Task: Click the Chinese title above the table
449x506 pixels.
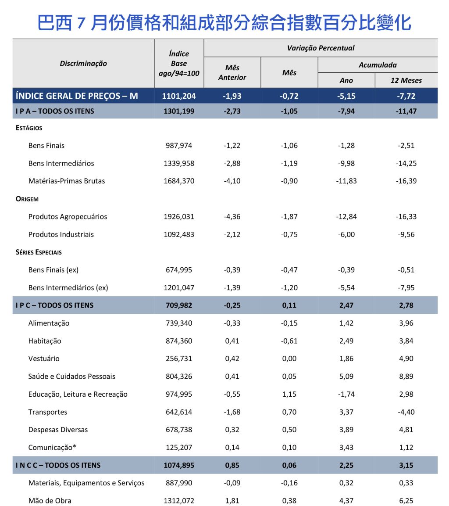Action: [x=224, y=22]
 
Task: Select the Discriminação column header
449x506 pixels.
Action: [x=83, y=63]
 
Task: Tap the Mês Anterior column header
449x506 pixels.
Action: [x=232, y=72]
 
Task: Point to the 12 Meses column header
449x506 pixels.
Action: [x=406, y=80]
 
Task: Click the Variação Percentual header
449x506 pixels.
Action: [x=321, y=48]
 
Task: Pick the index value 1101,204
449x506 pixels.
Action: [x=179, y=96]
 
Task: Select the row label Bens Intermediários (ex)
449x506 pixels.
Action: [x=68, y=287]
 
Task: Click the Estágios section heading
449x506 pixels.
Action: [x=29, y=128]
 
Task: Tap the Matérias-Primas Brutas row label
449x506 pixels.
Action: [x=67, y=181]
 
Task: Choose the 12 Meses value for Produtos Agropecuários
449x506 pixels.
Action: [x=406, y=216]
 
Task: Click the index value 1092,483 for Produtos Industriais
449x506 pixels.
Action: [x=179, y=234]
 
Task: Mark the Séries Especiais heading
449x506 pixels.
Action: [x=39, y=252]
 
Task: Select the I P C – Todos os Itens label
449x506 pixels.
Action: [x=54, y=305]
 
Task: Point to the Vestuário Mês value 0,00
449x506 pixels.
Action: [x=289, y=359]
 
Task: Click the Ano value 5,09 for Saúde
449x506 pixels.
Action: [x=346, y=376]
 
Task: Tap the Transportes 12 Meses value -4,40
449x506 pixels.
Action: [x=406, y=412]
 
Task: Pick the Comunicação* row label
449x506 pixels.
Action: [x=52, y=447]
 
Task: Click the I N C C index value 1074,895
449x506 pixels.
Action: [x=179, y=465]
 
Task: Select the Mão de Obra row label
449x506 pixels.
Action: [x=50, y=500]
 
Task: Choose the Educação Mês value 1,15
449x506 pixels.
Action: [x=289, y=394]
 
